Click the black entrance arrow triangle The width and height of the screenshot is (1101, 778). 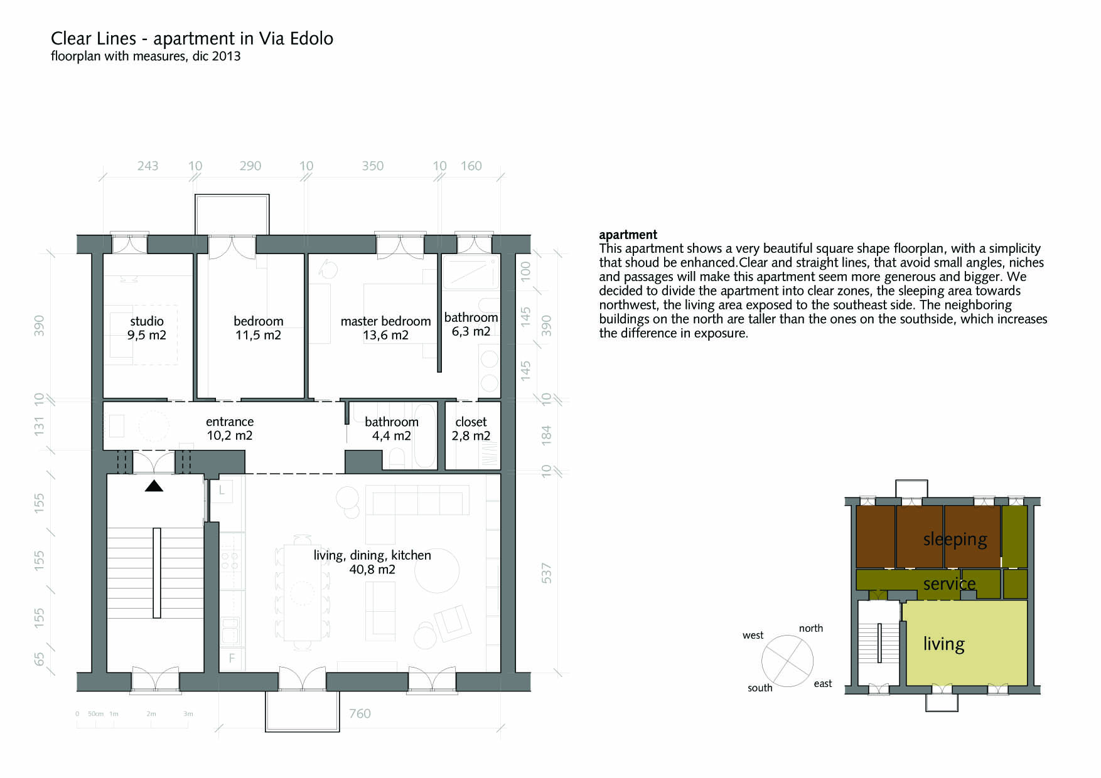[154, 486]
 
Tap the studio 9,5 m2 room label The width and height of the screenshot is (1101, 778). [147, 328]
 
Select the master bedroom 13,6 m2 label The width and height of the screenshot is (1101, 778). [385, 328]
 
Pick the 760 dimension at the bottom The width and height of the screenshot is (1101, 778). [360, 713]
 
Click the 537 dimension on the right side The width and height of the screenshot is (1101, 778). [546, 573]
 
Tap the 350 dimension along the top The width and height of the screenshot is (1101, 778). [372, 166]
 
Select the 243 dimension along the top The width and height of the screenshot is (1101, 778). [148, 166]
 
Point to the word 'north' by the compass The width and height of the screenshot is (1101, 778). [811, 628]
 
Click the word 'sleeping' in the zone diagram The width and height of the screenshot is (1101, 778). [955, 540]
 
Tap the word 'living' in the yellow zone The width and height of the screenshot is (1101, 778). [943, 644]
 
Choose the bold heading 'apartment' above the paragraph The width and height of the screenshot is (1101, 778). [628, 235]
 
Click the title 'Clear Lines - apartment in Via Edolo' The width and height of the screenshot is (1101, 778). [191, 38]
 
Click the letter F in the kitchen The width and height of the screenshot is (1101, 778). [232, 658]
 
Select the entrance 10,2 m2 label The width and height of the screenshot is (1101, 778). [230, 429]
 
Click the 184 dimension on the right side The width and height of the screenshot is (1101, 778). [546, 435]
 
